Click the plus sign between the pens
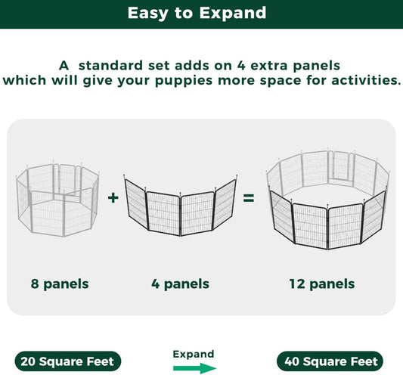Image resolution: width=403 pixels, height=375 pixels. pos(113,198)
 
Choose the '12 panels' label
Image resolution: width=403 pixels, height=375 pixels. pos(321,284)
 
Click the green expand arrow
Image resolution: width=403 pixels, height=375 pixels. pos(194,368)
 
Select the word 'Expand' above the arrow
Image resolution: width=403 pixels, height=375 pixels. pos(194,354)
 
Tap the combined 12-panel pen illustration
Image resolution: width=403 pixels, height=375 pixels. pos(327,200)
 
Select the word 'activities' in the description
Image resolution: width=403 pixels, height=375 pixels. pos(360,79)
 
